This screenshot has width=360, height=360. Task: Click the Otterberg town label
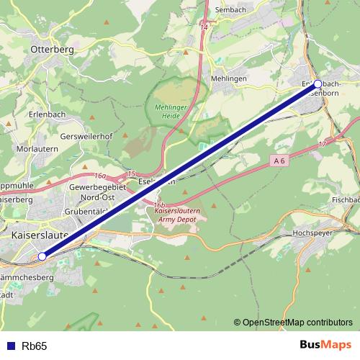click(53, 49)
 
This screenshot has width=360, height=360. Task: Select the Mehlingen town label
click(229, 78)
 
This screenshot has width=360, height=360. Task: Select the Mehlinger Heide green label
click(170, 112)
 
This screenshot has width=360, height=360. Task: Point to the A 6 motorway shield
click(280, 161)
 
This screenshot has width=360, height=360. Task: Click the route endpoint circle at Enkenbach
click(318, 84)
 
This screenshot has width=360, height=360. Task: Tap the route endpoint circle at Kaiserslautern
click(42, 256)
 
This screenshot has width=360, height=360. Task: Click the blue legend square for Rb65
click(9, 346)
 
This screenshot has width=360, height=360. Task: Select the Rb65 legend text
click(35, 346)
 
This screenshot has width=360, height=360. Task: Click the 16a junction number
click(99, 175)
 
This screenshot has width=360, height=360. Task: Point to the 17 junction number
click(322, 145)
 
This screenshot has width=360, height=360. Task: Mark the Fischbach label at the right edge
click(346, 199)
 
